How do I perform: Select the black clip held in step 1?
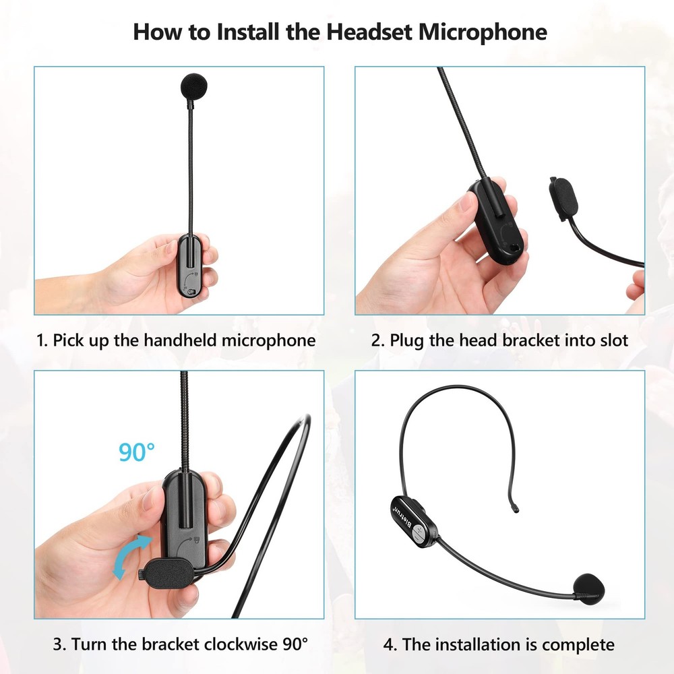(x=191, y=266)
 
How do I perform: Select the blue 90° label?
(x=137, y=452)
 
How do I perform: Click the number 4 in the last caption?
(x=390, y=644)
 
